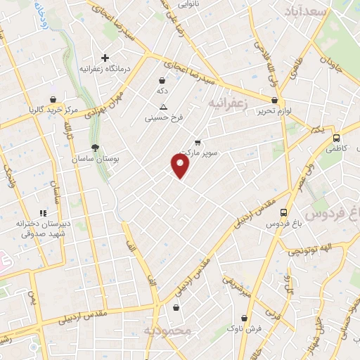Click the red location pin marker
click(x=181, y=165)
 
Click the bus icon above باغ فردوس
click(x=283, y=212)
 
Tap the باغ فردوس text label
click(x=283, y=224)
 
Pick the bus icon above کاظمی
click(x=336, y=139)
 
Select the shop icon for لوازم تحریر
click(x=274, y=101)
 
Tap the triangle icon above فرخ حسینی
click(x=163, y=108)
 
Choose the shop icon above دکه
click(x=162, y=81)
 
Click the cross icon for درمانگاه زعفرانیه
click(x=105, y=58)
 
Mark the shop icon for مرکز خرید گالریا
click(x=54, y=99)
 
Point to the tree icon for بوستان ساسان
click(x=94, y=148)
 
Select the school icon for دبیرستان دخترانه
click(x=43, y=212)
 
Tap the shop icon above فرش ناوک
click(x=176, y=308)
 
